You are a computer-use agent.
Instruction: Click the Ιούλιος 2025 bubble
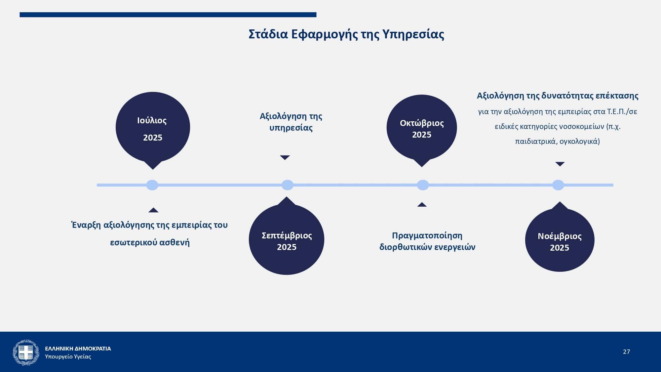153,129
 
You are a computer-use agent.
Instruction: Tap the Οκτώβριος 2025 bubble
422,129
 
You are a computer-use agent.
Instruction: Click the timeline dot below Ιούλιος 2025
152,185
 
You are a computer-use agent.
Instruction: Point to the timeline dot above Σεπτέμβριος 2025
288,185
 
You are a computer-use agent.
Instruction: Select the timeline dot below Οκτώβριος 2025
423,185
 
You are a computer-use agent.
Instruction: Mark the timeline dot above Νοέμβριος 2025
558,185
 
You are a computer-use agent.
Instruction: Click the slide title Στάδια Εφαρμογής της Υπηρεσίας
346,34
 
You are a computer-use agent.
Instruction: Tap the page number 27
626,351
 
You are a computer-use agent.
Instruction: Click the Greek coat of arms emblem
26,352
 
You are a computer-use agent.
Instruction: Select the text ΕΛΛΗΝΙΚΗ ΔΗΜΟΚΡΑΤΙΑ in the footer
78,349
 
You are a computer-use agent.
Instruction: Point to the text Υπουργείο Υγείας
68,357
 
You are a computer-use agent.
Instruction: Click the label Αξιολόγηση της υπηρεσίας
291,122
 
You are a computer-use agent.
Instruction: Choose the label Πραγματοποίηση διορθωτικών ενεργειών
427,241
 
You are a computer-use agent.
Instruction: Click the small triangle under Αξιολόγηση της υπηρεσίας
285,157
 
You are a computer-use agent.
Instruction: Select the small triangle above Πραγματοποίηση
422,204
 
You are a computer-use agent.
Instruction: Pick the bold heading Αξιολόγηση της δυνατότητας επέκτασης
558,96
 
